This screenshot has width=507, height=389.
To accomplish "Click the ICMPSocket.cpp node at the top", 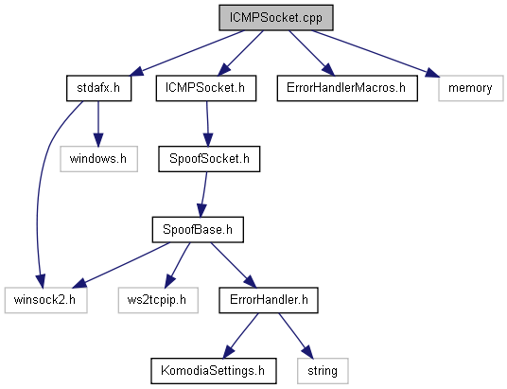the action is (x=276, y=18).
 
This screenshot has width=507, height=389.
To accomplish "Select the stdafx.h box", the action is (x=98, y=88).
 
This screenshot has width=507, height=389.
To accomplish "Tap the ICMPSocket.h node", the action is (x=206, y=88).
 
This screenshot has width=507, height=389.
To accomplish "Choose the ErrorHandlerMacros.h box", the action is (x=347, y=88).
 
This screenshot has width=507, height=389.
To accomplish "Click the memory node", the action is (x=471, y=88).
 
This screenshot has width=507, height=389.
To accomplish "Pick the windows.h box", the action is (x=98, y=159).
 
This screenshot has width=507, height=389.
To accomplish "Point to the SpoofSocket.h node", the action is (x=209, y=159).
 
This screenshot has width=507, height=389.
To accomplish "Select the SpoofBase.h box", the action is (x=198, y=229).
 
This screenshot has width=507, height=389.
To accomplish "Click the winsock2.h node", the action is (x=45, y=300).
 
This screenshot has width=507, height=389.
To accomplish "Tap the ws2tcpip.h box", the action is (x=158, y=300).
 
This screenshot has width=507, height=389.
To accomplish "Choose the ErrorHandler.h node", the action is (x=269, y=300).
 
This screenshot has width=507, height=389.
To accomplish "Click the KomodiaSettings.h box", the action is (x=214, y=371).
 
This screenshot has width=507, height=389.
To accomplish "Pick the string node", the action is (x=323, y=371).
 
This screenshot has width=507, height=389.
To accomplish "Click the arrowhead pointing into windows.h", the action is (x=98, y=140).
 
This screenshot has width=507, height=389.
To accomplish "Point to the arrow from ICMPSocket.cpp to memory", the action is (x=376, y=54).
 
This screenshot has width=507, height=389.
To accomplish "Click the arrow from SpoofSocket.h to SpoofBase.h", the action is (x=203, y=194).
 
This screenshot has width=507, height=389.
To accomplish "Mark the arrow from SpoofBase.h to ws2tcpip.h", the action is (x=177, y=265).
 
